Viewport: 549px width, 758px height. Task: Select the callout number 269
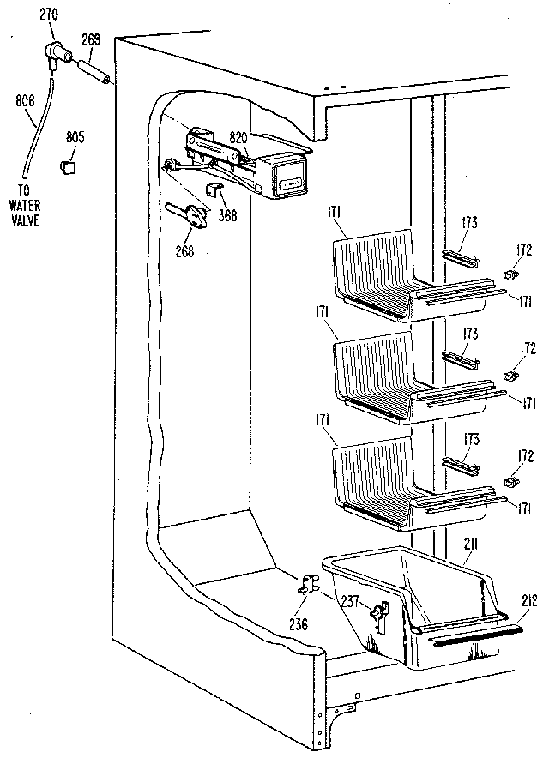point(92,39)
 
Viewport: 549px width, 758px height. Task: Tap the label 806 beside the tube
point(25,101)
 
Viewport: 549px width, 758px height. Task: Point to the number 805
point(75,135)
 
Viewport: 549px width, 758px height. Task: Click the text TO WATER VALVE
point(26,207)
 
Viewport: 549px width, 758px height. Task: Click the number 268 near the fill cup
point(184,250)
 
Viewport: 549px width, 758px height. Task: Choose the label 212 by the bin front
point(531,600)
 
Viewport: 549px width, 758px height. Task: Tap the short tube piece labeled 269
point(93,73)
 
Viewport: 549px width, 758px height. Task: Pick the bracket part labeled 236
point(308,586)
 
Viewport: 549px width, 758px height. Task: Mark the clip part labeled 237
point(375,614)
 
